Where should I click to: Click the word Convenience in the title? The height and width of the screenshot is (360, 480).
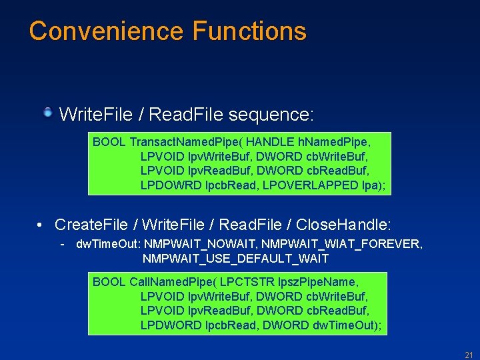[106, 31]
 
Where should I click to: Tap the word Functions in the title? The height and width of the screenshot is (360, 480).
[249, 31]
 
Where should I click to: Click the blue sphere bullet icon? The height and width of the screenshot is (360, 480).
[48, 113]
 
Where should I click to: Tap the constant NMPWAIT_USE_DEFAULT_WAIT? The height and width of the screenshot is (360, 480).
[235, 258]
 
